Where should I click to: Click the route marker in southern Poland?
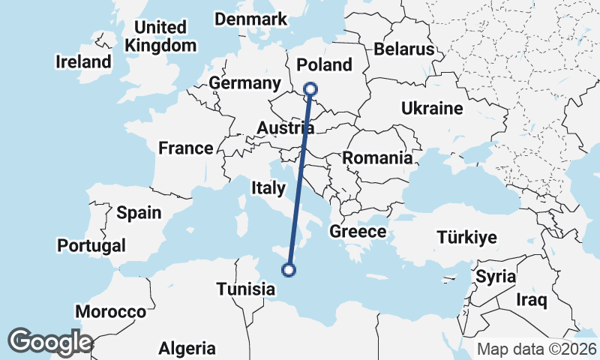click(311, 91)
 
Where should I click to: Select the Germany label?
click(245, 83)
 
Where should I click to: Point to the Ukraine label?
click(432, 108)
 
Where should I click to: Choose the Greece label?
click(358, 231)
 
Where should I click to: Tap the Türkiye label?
click(467, 238)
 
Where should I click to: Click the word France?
click(186, 148)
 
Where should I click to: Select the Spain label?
click(139, 212)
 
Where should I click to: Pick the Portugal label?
click(91, 245)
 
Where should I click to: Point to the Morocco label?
click(111, 311)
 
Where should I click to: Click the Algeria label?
click(187, 348)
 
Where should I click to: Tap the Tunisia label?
click(245, 289)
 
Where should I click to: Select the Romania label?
click(378, 158)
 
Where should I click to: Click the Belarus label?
click(404, 49)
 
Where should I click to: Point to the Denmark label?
click(251, 19)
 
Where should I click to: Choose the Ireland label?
click(83, 61)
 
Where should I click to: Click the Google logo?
click(50, 341)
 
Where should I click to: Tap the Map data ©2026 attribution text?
click(536, 349)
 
